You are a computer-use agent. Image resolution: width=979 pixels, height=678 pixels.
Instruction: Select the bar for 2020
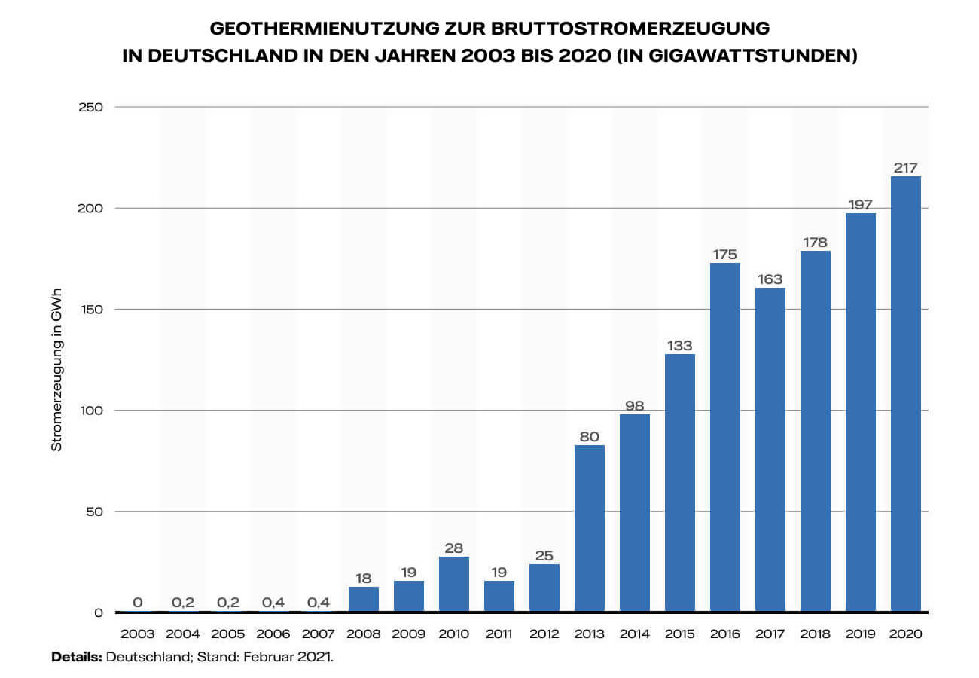[x=906, y=394]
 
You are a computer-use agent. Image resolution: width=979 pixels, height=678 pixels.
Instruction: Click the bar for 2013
[x=590, y=528]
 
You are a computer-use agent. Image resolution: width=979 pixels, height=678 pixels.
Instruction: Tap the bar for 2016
[x=725, y=437]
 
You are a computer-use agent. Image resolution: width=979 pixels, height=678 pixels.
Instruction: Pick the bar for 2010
[x=454, y=584]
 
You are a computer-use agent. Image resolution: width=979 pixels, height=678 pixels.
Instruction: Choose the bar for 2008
[x=364, y=599]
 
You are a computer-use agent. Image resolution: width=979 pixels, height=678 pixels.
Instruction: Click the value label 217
[x=906, y=168]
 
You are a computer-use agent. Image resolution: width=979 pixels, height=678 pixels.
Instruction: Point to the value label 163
[x=770, y=279]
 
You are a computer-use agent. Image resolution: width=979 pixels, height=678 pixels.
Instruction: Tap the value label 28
[x=454, y=548]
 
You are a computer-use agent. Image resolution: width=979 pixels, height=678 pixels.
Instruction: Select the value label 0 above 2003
[x=138, y=603]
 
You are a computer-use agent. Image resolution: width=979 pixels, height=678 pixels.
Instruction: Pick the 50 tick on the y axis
[x=93, y=512]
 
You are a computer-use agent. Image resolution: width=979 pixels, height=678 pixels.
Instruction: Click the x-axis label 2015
[x=680, y=634]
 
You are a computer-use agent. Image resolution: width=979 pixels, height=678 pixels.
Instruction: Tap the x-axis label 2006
[x=273, y=634]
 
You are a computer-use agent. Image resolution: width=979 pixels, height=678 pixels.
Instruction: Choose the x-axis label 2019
[x=861, y=634]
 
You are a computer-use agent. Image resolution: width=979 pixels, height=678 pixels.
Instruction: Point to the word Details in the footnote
[x=76, y=657]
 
